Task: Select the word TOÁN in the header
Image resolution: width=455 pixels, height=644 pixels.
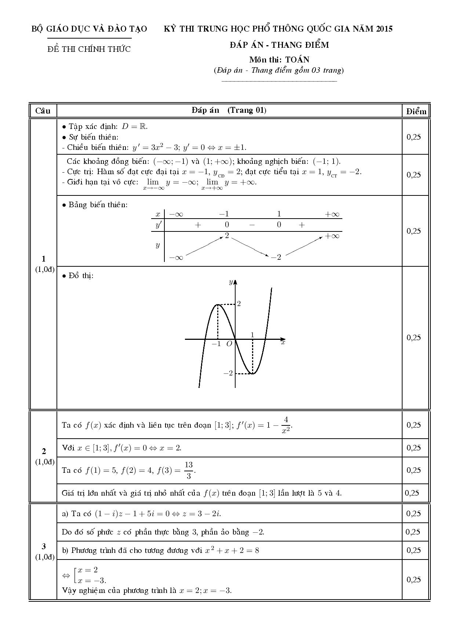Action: (x=297, y=60)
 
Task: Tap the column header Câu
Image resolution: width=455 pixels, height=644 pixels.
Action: (x=43, y=111)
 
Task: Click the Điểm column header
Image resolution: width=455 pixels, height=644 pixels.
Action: (x=416, y=111)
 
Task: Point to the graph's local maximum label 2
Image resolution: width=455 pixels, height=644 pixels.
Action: (x=239, y=304)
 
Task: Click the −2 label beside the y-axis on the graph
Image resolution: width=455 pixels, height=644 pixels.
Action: (x=228, y=373)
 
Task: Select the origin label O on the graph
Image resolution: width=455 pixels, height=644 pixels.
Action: (x=229, y=344)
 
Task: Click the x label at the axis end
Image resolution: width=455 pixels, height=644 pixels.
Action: (x=283, y=342)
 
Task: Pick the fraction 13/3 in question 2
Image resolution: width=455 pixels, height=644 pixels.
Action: (x=188, y=470)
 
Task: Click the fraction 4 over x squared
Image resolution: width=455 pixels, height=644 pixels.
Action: (x=286, y=425)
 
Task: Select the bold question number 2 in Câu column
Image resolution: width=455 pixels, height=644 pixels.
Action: (x=44, y=451)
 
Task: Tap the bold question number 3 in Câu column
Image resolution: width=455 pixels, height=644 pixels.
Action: (x=44, y=546)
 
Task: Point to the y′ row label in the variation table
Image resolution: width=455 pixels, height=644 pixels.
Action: (x=159, y=225)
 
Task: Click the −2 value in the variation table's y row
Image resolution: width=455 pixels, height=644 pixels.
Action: (x=276, y=257)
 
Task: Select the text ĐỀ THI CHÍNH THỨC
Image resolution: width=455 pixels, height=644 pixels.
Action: (x=89, y=49)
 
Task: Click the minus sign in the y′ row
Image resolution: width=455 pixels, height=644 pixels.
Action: (x=252, y=225)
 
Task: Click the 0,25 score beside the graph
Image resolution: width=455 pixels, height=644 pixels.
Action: (x=414, y=338)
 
